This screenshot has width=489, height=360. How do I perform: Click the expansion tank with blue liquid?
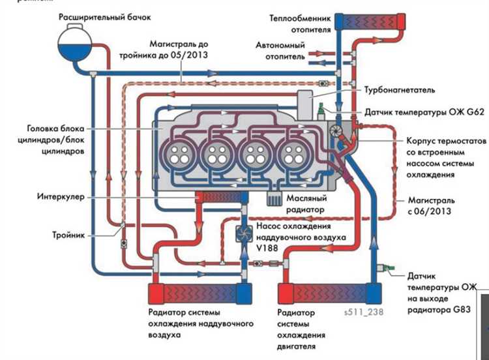[76, 42]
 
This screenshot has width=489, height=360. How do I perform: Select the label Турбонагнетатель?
[396, 89]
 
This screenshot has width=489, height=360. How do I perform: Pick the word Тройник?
[68, 235]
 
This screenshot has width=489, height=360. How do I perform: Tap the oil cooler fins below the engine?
[275, 198]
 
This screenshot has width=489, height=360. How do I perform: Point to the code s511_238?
[363, 312]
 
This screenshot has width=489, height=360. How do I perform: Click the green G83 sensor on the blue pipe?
[390, 267]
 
